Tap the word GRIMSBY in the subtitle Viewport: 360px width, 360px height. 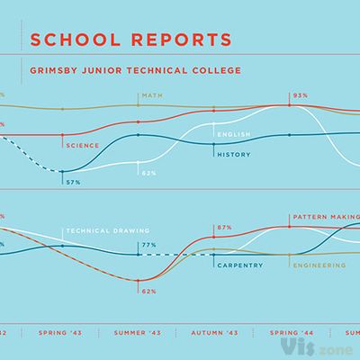(57, 69)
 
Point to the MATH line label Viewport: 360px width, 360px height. (150, 94)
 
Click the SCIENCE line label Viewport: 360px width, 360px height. (81, 144)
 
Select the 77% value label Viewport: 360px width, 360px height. (148, 244)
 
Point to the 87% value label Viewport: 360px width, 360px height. (224, 228)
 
